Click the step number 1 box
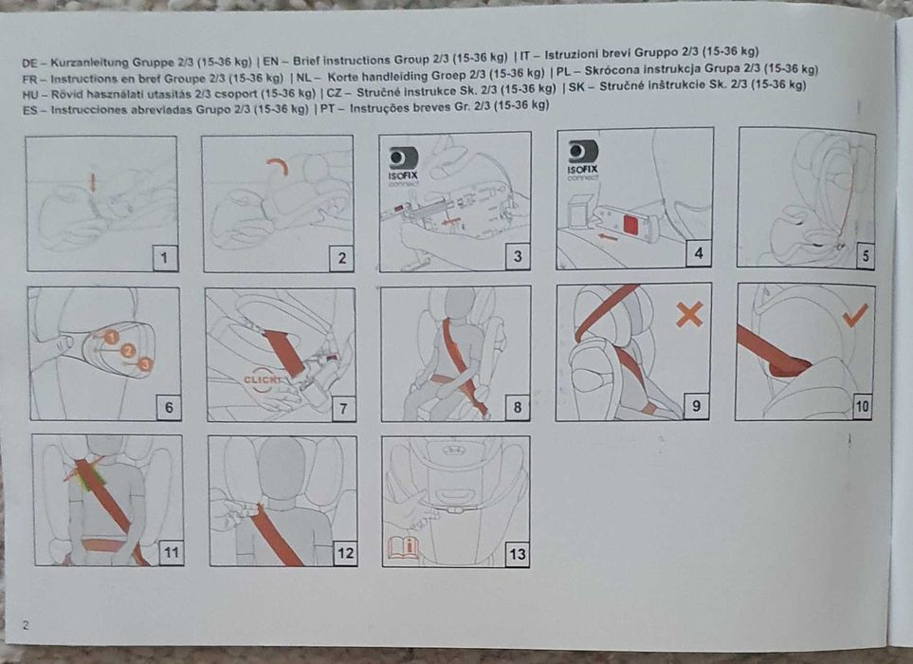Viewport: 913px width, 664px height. coord(165,257)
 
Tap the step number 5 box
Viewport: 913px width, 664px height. coord(866,256)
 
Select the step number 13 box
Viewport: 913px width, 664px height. coord(517,553)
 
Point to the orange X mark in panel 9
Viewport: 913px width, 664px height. coord(689,314)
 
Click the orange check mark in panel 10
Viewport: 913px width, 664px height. coord(855,315)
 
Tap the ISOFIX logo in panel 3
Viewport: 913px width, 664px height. coord(403,167)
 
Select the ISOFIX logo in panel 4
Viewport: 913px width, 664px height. coord(582,160)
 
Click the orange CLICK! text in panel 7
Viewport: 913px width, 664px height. coord(262,380)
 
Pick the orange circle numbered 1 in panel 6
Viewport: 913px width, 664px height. coord(111,337)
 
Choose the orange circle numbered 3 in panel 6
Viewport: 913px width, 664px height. coord(144,364)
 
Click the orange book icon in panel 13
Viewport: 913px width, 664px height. coord(403,548)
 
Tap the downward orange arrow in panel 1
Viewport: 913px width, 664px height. coord(93,182)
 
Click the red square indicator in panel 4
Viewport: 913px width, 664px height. coord(631,225)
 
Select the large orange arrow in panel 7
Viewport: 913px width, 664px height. coord(284,353)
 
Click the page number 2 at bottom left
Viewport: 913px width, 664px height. coord(25,625)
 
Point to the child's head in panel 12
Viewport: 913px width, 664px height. coord(282,469)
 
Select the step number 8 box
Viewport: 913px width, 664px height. coord(517,407)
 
